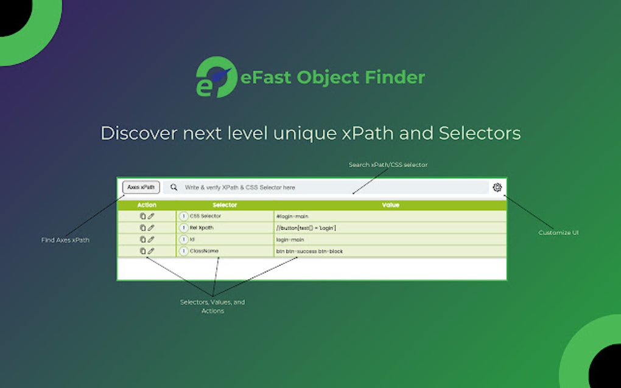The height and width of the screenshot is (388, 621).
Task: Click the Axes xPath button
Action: coord(141,187)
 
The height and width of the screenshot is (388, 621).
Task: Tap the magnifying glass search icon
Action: coord(174,187)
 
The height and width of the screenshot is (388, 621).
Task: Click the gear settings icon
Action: coord(497,187)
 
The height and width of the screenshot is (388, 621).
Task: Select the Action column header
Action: coord(147,205)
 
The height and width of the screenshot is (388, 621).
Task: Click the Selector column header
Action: coord(225,205)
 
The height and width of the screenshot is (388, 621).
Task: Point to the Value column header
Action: coord(390,205)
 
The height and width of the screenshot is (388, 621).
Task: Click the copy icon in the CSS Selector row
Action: coord(142,216)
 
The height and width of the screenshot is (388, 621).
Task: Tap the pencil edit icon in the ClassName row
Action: coord(151,251)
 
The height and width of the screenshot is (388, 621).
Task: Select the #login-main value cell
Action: coord(292,217)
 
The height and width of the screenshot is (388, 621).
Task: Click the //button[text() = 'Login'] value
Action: coord(306,228)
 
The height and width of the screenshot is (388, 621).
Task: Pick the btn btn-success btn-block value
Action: coord(309,251)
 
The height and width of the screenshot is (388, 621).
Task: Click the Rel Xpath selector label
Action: coord(202,228)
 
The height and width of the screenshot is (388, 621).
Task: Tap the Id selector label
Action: coord(192,239)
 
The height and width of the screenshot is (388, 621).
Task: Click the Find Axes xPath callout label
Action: coord(65,240)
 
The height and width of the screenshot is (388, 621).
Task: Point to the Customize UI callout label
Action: coord(558,232)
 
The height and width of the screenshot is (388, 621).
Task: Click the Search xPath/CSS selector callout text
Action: coord(388,165)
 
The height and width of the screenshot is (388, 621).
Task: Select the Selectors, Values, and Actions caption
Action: coord(212,307)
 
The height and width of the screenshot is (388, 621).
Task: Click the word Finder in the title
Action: coord(395,77)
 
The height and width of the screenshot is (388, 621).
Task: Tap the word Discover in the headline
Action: coord(139,133)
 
